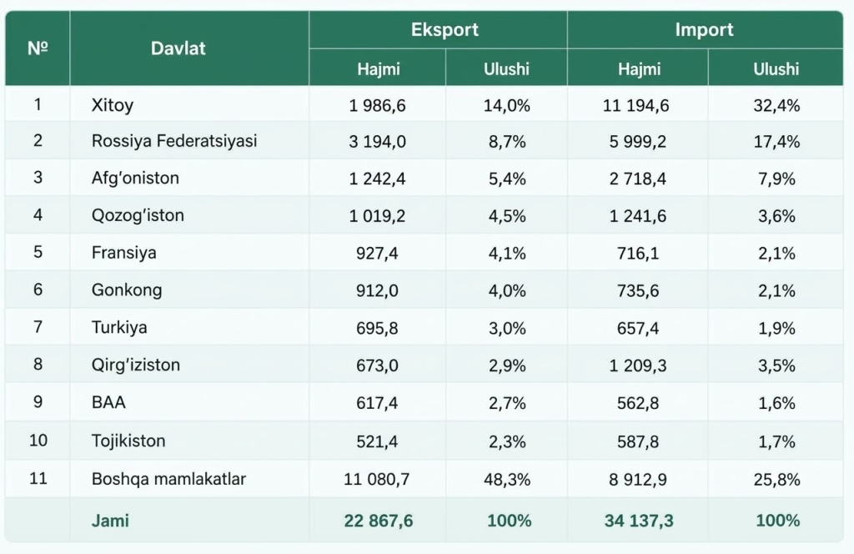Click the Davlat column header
pyautogui.click(x=178, y=48)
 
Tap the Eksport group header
pyautogui.click(x=445, y=29)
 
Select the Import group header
pyautogui.click(x=704, y=29)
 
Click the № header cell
pyautogui.click(x=38, y=48)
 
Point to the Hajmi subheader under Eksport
pyautogui.click(x=379, y=68)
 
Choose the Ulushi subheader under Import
pyautogui.click(x=776, y=68)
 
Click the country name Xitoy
pyautogui.click(x=113, y=104)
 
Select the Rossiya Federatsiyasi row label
pyautogui.click(x=174, y=141)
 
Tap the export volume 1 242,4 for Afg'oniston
pyautogui.click(x=377, y=179)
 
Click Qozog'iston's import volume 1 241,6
pyautogui.click(x=637, y=216)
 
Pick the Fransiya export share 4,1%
pyautogui.click(x=507, y=254)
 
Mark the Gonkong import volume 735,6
pyautogui.click(x=638, y=290)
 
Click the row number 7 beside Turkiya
pyautogui.click(x=38, y=327)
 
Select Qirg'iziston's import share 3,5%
pyautogui.click(x=776, y=365)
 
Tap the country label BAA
pyautogui.click(x=108, y=402)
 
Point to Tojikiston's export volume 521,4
pyautogui.click(x=377, y=441)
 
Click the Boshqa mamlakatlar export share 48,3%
pyautogui.click(x=507, y=480)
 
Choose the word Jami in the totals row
pyautogui.click(x=110, y=521)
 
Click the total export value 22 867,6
pyautogui.click(x=379, y=521)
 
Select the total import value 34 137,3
pyautogui.click(x=639, y=521)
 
